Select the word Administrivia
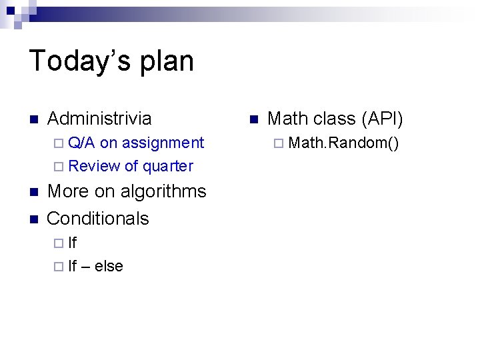click(x=99, y=119)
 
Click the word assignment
click(x=163, y=143)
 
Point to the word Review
click(x=94, y=166)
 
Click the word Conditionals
click(x=98, y=218)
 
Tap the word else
click(x=109, y=266)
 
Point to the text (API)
click(x=382, y=119)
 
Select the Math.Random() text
click(x=344, y=143)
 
